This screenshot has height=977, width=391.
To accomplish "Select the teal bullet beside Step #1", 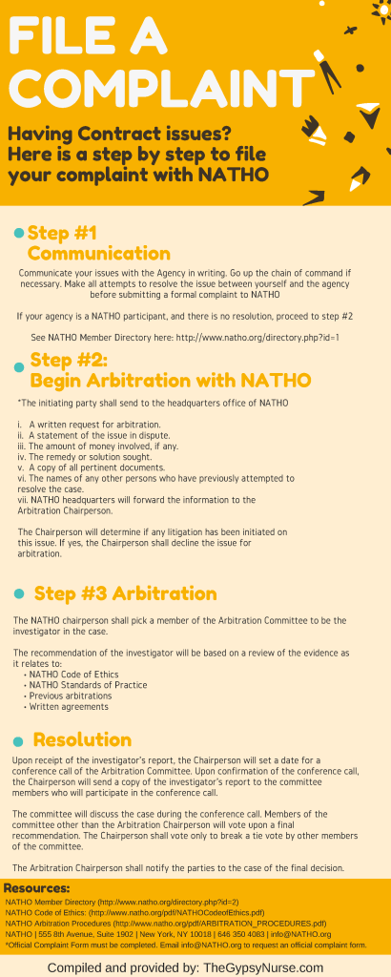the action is point(18,233).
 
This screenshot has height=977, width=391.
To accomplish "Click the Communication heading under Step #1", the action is point(98,253).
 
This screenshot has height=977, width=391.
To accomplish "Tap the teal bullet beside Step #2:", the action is point(18,366).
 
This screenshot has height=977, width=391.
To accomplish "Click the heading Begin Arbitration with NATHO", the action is point(171,380).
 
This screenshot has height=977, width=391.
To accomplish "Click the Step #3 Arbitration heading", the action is point(125,592).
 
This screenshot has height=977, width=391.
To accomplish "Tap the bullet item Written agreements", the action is point(69,707).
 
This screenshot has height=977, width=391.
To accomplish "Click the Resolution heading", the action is point(82,739).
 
